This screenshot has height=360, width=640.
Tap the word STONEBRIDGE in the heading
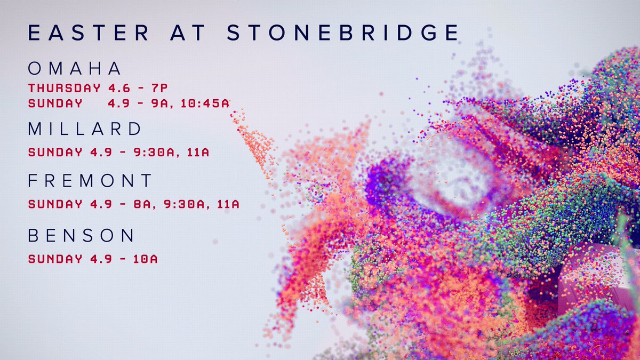(x=342, y=33)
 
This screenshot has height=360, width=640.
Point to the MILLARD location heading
(x=85, y=129)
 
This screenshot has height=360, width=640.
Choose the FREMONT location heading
(x=90, y=181)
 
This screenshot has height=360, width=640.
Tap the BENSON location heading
(x=82, y=236)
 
